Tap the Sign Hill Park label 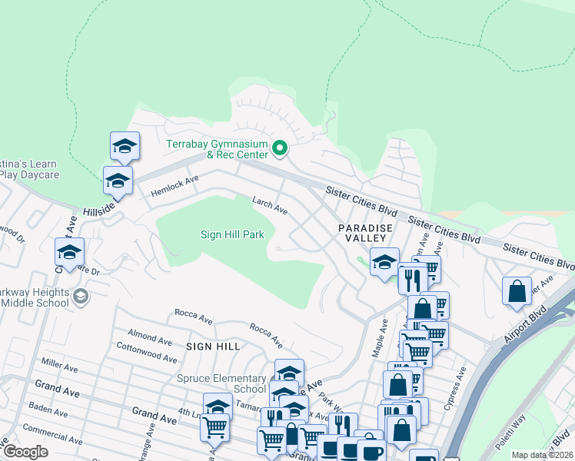click(232, 234)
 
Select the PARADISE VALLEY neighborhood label click(366, 234)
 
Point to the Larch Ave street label click(271, 205)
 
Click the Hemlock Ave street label click(174, 184)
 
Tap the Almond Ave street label click(150, 338)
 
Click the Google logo click(25, 452)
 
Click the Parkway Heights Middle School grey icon click(80, 296)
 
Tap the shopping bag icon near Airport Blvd click(517, 291)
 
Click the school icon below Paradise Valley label click(384, 262)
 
